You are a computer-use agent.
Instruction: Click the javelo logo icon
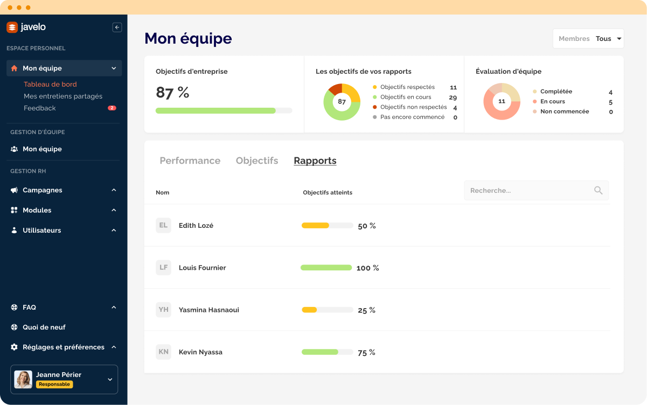click(12, 27)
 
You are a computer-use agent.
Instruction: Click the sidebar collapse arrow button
click(117, 27)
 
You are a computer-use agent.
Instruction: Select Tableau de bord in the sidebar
click(50, 84)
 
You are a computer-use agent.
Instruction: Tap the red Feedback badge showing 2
click(112, 108)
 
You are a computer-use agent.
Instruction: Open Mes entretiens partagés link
click(62, 96)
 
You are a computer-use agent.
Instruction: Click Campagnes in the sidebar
click(42, 190)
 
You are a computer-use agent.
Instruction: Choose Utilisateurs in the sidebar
click(41, 231)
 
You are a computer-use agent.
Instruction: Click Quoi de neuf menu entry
click(44, 327)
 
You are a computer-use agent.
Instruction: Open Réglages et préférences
click(63, 347)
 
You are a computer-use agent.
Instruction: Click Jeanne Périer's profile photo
click(23, 379)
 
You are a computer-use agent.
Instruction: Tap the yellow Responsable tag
click(54, 385)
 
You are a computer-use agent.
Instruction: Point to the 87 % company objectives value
click(172, 93)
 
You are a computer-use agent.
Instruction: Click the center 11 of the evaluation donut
click(502, 101)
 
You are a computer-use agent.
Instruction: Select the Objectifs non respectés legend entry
click(413, 107)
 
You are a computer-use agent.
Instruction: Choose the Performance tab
click(190, 160)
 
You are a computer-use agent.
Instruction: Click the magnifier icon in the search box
click(598, 191)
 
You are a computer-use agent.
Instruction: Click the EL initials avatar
click(163, 226)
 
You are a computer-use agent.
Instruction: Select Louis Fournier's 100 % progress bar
click(326, 268)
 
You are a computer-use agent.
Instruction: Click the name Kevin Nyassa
click(200, 352)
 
